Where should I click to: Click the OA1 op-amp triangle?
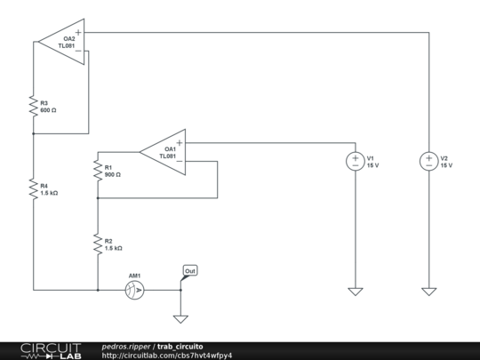(x=164, y=153)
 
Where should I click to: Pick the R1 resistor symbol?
(x=97, y=171)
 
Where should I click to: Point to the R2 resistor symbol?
(x=97, y=244)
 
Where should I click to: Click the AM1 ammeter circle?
(x=134, y=290)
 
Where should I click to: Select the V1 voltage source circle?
(x=355, y=161)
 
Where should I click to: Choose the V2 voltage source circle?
(x=428, y=161)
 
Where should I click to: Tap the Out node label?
(x=190, y=270)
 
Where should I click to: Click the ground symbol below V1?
(x=355, y=292)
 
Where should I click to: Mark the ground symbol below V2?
(x=428, y=292)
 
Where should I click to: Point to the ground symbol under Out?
(x=181, y=318)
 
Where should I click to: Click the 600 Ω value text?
(x=49, y=110)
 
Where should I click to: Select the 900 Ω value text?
(x=113, y=175)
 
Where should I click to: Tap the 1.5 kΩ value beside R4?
(x=50, y=193)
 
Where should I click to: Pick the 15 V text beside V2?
(x=446, y=165)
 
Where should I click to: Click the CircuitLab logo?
(x=52, y=350)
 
